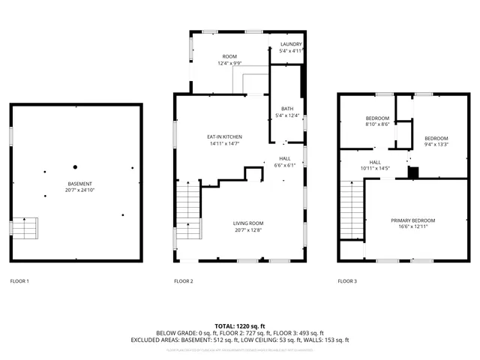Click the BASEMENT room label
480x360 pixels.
pyautogui.click(x=79, y=184)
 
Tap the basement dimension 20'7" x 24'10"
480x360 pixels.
pyautogui.click(x=79, y=190)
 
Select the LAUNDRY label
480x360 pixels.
pyautogui.click(x=290, y=45)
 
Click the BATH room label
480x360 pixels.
pyautogui.click(x=287, y=108)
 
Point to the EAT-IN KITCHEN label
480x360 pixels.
pyautogui.click(x=225, y=136)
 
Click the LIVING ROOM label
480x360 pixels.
pyautogui.click(x=247, y=223)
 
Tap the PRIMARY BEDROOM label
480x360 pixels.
pyautogui.click(x=412, y=220)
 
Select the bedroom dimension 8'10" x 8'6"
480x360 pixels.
pyautogui.click(x=377, y=124)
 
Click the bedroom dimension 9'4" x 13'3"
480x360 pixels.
pyautogui.click(x=436, y=145)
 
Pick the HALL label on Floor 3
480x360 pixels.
pyautogui.click(x=375, y=162)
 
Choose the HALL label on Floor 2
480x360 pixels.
pyautogui.click(x=285, y=158)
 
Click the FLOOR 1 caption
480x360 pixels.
pyautogui.click(x=19, y=281)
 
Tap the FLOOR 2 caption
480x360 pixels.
pyautogui.click(x=184, y=281)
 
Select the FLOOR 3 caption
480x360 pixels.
pyautogui.click(x=347, y=281)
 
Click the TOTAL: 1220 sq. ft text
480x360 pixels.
pyautogui.click(x=240, y=325)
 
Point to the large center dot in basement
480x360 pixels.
pyautogui.click(x=75, y=166)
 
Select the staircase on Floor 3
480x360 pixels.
pyautogui.click(x=351, y=210)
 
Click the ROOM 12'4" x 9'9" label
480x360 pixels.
pyautogui.click(x=229, y=60)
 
